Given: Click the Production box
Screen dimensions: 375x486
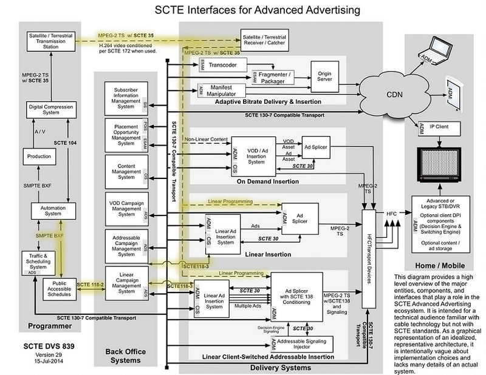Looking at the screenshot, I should (39, 156).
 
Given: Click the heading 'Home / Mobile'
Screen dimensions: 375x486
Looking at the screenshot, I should (439, 265).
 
